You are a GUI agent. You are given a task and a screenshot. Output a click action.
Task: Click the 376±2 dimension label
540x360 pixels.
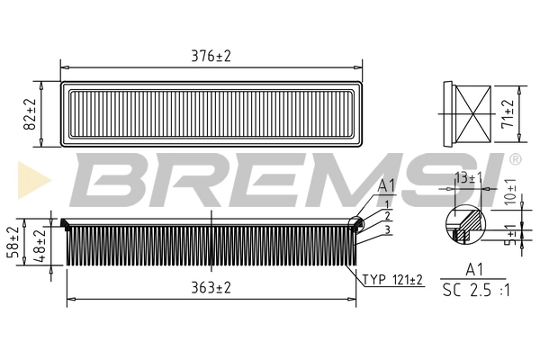point(211,56)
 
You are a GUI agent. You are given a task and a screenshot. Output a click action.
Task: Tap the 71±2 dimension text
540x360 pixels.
point(508,115)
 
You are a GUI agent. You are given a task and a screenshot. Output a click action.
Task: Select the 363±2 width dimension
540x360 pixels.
point(211,288)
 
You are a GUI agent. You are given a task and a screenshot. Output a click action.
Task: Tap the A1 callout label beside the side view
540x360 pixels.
point(386,186)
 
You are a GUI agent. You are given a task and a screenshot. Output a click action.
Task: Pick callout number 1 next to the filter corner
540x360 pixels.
point(386,204)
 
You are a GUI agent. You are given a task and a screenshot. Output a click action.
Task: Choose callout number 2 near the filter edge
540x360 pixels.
point(386,216)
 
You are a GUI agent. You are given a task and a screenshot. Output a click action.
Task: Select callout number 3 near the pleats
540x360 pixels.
point(386,229)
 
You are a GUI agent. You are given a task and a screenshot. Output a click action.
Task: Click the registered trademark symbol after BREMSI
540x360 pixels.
point(515,159)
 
